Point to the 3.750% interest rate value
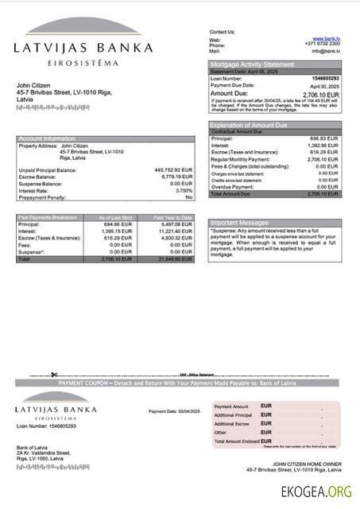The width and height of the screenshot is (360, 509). [184, 190]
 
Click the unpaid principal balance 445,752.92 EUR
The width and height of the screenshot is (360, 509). [173, 170]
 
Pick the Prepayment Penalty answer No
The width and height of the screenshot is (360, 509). [189, 196]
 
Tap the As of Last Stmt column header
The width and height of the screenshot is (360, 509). [114, 217]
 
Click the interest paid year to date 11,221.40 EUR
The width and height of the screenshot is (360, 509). [175, 231]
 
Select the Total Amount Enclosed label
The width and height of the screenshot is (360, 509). [236, 441]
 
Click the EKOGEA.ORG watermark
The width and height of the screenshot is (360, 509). [316, 492]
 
